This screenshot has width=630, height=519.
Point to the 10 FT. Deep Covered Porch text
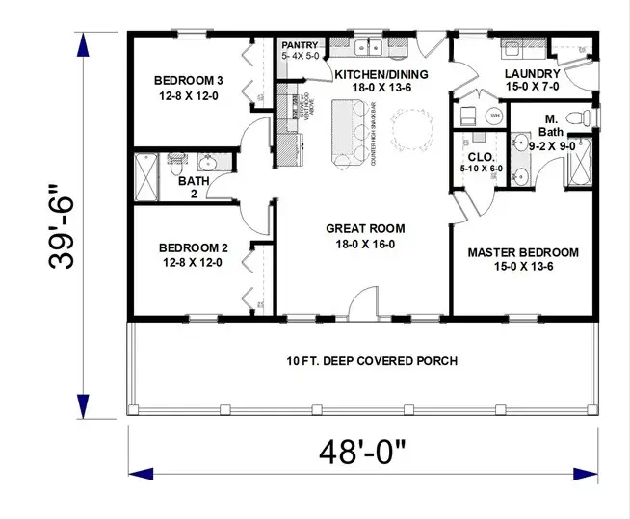(x=371, y=361)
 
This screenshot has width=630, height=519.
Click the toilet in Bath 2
(x=177, y=160)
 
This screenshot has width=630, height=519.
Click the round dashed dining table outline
(x=412, y=126)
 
